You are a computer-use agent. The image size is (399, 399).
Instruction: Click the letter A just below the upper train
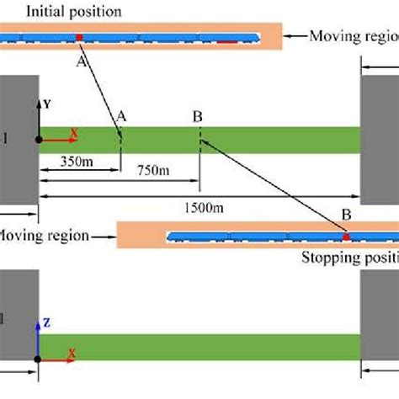(82, 61)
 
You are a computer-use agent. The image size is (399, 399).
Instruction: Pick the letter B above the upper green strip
(197, 116)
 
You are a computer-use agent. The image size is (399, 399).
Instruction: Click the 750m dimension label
(152, 171)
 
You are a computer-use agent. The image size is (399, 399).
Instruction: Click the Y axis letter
(47, 104)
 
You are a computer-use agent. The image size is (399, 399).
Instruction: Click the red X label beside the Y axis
(73, 132)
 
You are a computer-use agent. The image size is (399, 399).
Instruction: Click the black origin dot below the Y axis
(38, 140)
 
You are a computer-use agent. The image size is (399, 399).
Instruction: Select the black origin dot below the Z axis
(38, 359)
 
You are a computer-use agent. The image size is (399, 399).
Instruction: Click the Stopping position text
(349, 258)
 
